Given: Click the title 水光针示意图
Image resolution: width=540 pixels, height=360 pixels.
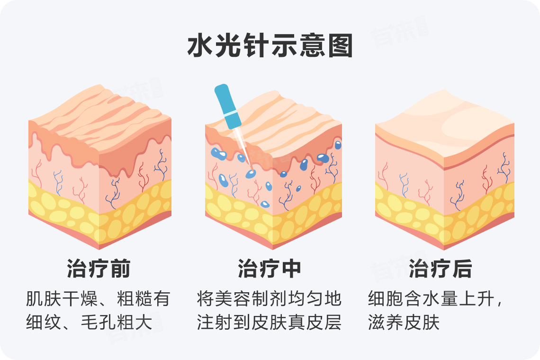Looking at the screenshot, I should (x=270, y=46).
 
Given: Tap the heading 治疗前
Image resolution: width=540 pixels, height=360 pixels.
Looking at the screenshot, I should (x=99, y=269).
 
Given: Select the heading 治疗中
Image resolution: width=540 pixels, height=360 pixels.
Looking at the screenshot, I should (x=270, y=269).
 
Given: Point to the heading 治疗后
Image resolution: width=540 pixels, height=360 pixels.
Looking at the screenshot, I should (x=441, y=269).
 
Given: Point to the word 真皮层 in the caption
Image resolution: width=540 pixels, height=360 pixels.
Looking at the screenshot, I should (x=324, y=323).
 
